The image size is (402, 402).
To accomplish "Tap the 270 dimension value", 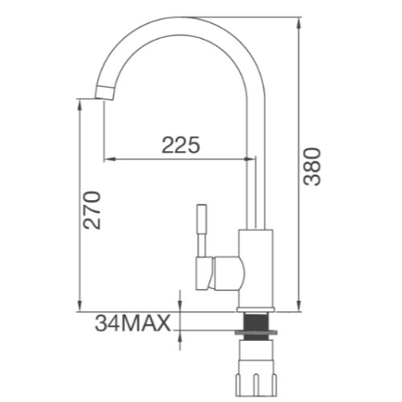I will [93, 210].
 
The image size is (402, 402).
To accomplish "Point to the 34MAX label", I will [133, 324].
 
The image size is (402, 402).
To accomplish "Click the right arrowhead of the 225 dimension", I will [251, 158].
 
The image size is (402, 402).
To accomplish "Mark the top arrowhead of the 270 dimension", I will [80, 103].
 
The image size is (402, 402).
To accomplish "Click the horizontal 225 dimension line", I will [181, 158].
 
